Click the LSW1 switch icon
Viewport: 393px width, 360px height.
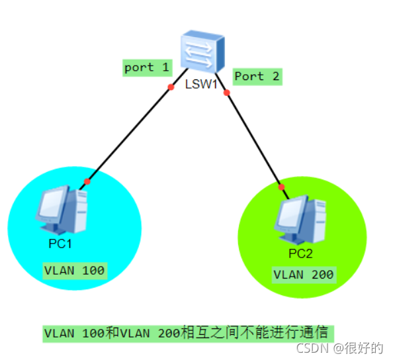[x=202, y=52]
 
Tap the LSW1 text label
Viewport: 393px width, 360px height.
[x=201, y=84]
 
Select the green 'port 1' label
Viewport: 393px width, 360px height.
[x=148, y=68]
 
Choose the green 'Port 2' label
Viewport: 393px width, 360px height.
[x=257, y=77]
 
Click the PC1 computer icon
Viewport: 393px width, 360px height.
[x=62, y=210]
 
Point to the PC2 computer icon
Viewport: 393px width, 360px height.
[x=300, y=220]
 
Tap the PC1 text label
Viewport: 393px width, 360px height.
[x=60, y=244]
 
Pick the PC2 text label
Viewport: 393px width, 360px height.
[x=300, y=253]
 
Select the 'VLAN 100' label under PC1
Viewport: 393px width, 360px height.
[x=75, y=271]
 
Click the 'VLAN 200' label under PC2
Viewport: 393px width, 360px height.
[x=304, y=275]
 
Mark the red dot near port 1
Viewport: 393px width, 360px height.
[x=171, y=87]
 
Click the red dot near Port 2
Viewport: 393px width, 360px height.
[x=226, y=93]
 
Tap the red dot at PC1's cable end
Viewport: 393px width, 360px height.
[x=87, y=181]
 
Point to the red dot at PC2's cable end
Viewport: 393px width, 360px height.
[x=281, y=187]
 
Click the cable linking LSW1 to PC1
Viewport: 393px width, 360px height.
[x=134, y=129]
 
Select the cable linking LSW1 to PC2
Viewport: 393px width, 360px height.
[x=252, y=136]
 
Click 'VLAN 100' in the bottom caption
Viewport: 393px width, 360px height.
[x=75, y=334]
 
